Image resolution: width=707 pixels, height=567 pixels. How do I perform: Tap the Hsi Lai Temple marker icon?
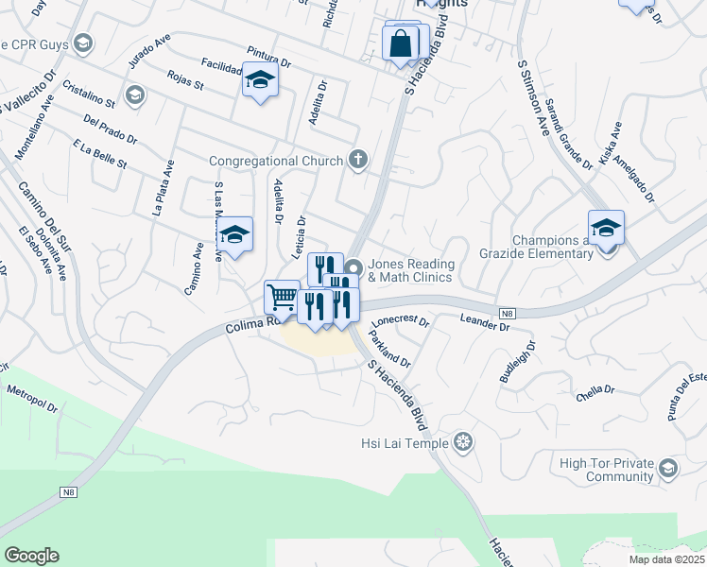[462, 441]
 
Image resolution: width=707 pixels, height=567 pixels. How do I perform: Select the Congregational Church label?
[275, 161]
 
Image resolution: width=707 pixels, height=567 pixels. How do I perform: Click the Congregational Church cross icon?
[357, 159]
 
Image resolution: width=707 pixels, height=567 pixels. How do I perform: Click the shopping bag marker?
[401, 43]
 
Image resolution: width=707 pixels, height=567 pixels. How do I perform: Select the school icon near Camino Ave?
[234, 236]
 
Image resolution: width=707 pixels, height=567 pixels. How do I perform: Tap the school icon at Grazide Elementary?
[606, 228]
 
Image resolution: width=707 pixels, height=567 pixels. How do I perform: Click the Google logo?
[31, 556]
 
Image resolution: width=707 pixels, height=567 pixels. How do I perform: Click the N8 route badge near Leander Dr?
[508, 313]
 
